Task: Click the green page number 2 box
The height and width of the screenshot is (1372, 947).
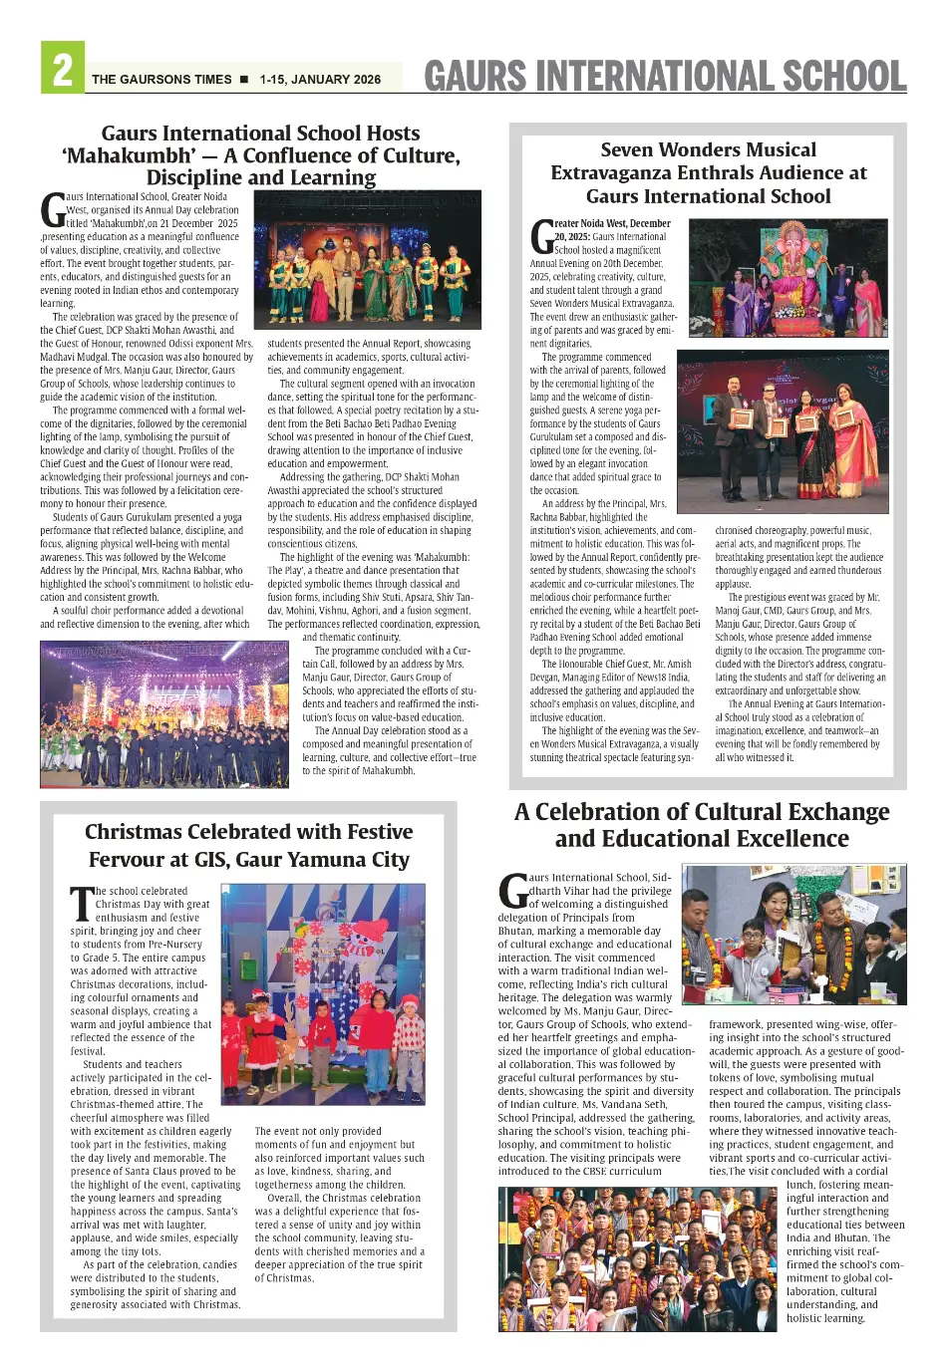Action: pos(62,69)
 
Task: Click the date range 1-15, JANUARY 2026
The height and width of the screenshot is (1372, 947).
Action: pos(320,80)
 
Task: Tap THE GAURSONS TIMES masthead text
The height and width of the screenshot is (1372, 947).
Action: pos(161,80)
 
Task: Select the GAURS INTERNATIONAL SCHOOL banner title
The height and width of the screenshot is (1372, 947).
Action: pos(665,77)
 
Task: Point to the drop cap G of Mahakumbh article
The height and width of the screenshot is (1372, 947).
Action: pos(52,210)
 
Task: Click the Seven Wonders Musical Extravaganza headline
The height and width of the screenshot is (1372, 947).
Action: pos(709,173)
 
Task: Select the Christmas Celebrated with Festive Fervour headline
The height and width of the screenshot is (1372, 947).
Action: pos(248,845)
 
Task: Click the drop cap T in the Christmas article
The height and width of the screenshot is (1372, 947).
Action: pos(81,904)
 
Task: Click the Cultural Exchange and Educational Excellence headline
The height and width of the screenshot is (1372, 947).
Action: pos(702,825)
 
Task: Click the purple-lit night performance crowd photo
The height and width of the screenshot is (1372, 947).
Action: pos(163,713)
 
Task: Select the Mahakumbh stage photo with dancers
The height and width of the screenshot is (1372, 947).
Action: pos(367,259)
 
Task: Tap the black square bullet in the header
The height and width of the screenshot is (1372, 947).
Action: pos(244,80)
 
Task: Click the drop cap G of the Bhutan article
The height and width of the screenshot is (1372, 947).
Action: pos(512,891)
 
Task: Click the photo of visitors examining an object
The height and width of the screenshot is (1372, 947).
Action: pos(794,934)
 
